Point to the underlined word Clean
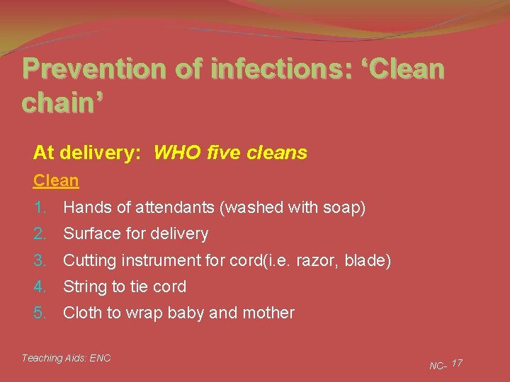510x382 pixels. tap(56, 180)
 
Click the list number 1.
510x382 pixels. tap(40, 208)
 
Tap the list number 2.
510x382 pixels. tap(40, 234)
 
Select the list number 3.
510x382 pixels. tap(40, 260)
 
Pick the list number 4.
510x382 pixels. tap(40, 286)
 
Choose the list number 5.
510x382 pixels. tap(40, 313)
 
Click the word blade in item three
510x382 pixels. tap(366, 260)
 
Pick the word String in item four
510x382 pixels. tap(84, 286)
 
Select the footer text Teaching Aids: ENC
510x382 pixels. tap(66, 358)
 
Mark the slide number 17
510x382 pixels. tap(457, 363)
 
